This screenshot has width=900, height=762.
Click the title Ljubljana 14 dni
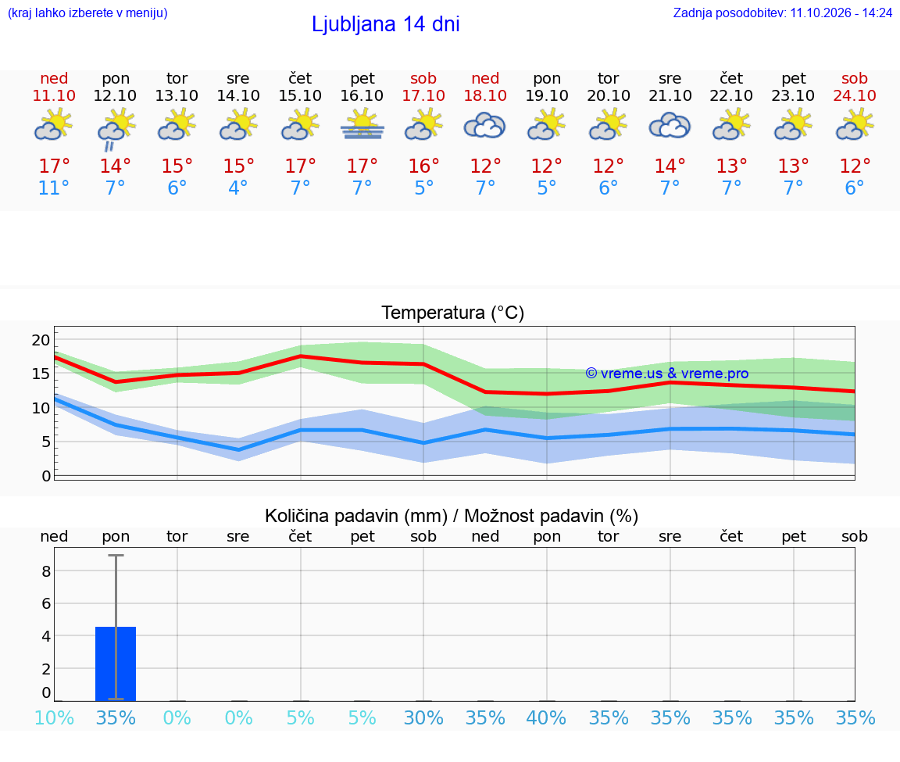tap(386, 25)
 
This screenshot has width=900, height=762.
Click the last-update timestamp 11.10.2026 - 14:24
tap(841, 13)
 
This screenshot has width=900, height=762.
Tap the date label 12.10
tap(116, 95)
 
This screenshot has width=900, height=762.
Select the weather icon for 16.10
tap(362, 126)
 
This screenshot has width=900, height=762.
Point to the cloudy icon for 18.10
tap(485, 126)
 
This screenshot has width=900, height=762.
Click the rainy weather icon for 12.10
tap(116, 130)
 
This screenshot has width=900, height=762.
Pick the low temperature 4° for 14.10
tap(238, 188)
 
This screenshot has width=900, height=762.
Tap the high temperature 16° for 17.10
tap(423, 166)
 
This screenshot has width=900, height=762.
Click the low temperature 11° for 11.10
tap(54, 188)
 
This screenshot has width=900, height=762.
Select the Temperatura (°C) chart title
tap(453, 313)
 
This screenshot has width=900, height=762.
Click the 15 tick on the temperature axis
tap(41, 374)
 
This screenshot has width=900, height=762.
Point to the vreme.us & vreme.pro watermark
tap(667, 374)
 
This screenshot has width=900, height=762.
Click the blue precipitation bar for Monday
tap(116, 664)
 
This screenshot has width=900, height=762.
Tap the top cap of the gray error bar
tap(116, 555)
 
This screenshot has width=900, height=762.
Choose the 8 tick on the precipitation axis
tap(47, 571)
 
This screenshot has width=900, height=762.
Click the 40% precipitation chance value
tap(546, 718)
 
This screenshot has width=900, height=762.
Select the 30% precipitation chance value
tap(423, 718)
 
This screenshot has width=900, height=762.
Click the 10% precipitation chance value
tap(54, 718)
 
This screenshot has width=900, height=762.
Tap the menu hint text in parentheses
tap(87, 13)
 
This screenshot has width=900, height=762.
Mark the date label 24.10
tap(855, 95)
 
